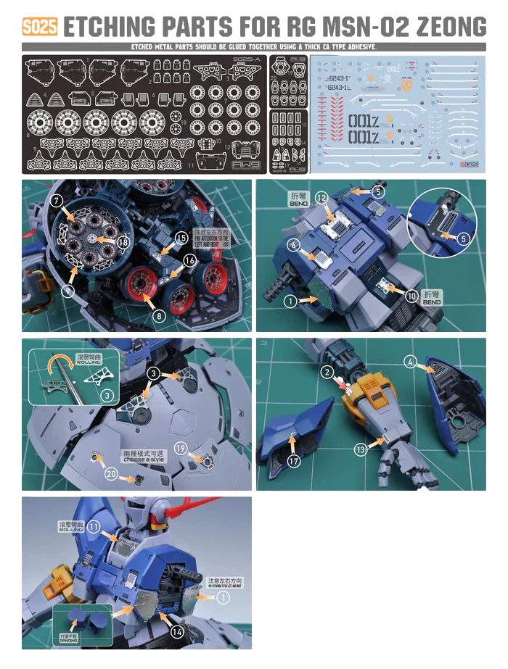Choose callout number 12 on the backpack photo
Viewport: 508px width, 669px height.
click(x=322, y=197)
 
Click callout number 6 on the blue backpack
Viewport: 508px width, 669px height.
click(x=294, y=245)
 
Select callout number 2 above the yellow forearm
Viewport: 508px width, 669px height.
click(x=327, y=372)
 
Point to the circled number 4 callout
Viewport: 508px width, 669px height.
click(x=411, y=361)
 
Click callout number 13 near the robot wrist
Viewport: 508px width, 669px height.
click(x=361, y=449)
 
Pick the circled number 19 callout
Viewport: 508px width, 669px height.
click(x=181, y=447)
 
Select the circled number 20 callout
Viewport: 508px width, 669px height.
click(x=111, y=473)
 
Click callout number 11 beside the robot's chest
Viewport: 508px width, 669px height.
click(x=94, y=528)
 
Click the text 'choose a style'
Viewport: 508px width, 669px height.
click(x=144, y=460)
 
